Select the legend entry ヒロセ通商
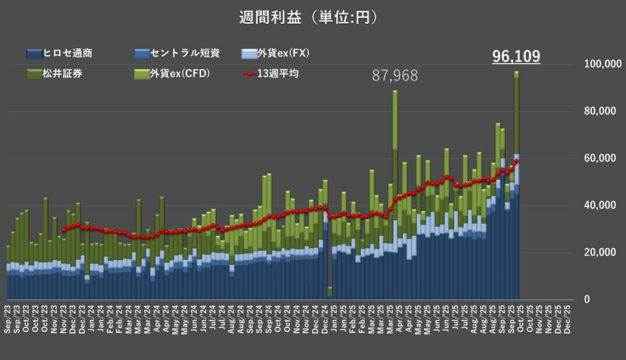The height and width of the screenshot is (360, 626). point(68,54)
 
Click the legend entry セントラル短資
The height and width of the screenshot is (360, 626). point(177,54)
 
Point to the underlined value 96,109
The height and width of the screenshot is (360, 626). point(516,57)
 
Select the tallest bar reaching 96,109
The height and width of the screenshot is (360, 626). point(517,183)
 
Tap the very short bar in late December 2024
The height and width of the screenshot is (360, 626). point(330,292)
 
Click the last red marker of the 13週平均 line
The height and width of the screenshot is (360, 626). point(517,161)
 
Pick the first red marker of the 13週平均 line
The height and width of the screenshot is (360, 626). point(63,230)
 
